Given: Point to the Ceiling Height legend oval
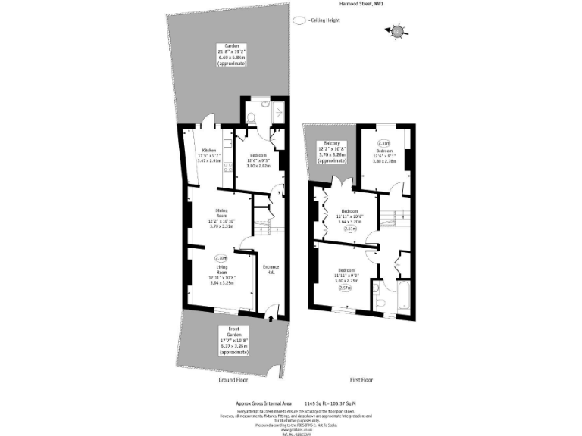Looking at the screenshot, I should point(299,21).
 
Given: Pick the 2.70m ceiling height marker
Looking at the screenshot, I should point(221,259).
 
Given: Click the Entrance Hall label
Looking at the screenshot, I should point(271,270).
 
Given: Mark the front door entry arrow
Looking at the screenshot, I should point(271,319).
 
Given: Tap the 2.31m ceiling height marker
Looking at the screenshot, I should point(384,143).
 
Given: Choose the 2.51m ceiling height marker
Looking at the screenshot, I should point(349,228).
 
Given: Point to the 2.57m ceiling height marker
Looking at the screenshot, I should point(346,288).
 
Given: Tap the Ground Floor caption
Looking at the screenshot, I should point(234,380).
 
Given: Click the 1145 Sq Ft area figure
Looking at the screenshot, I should point(313,403).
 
